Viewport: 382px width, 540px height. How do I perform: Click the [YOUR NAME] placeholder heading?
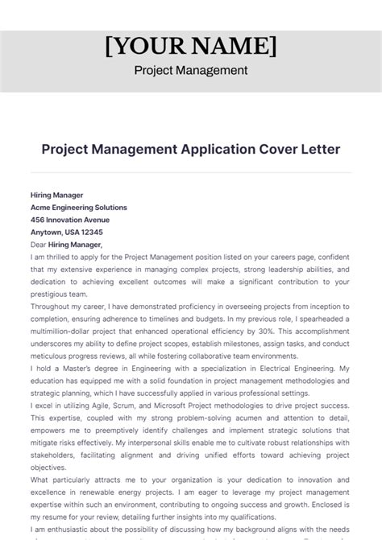pos(191,45)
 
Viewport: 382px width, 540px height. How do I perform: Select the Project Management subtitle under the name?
pos(191,70)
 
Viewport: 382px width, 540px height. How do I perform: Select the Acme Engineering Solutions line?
pos(78,207)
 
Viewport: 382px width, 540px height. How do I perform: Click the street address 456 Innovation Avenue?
pos(69,220)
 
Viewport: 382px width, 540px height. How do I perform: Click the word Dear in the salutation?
pos(39,245)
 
